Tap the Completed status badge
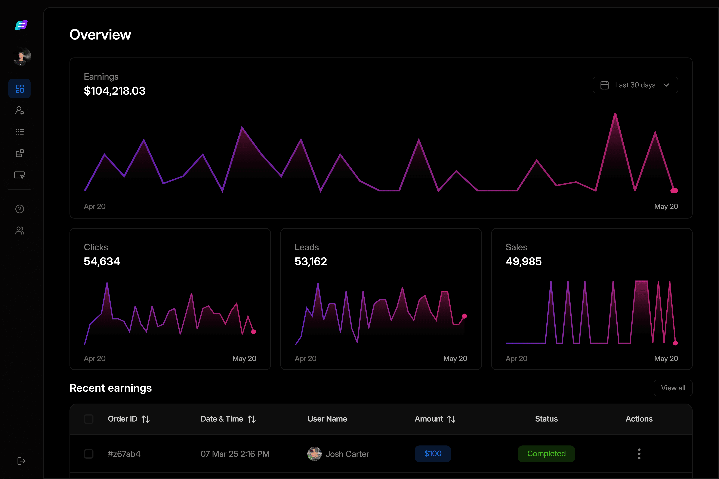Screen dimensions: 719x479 (546, 454)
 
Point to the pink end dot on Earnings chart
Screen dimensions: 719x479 (674, 191)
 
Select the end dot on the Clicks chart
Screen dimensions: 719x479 (253, 332)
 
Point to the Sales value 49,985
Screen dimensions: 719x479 (524, 262)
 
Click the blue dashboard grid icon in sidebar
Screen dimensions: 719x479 (20, 89)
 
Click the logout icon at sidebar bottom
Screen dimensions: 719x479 (21, 461)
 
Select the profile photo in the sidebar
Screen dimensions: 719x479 (22, 56)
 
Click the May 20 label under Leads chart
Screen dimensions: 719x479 (455, 359)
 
